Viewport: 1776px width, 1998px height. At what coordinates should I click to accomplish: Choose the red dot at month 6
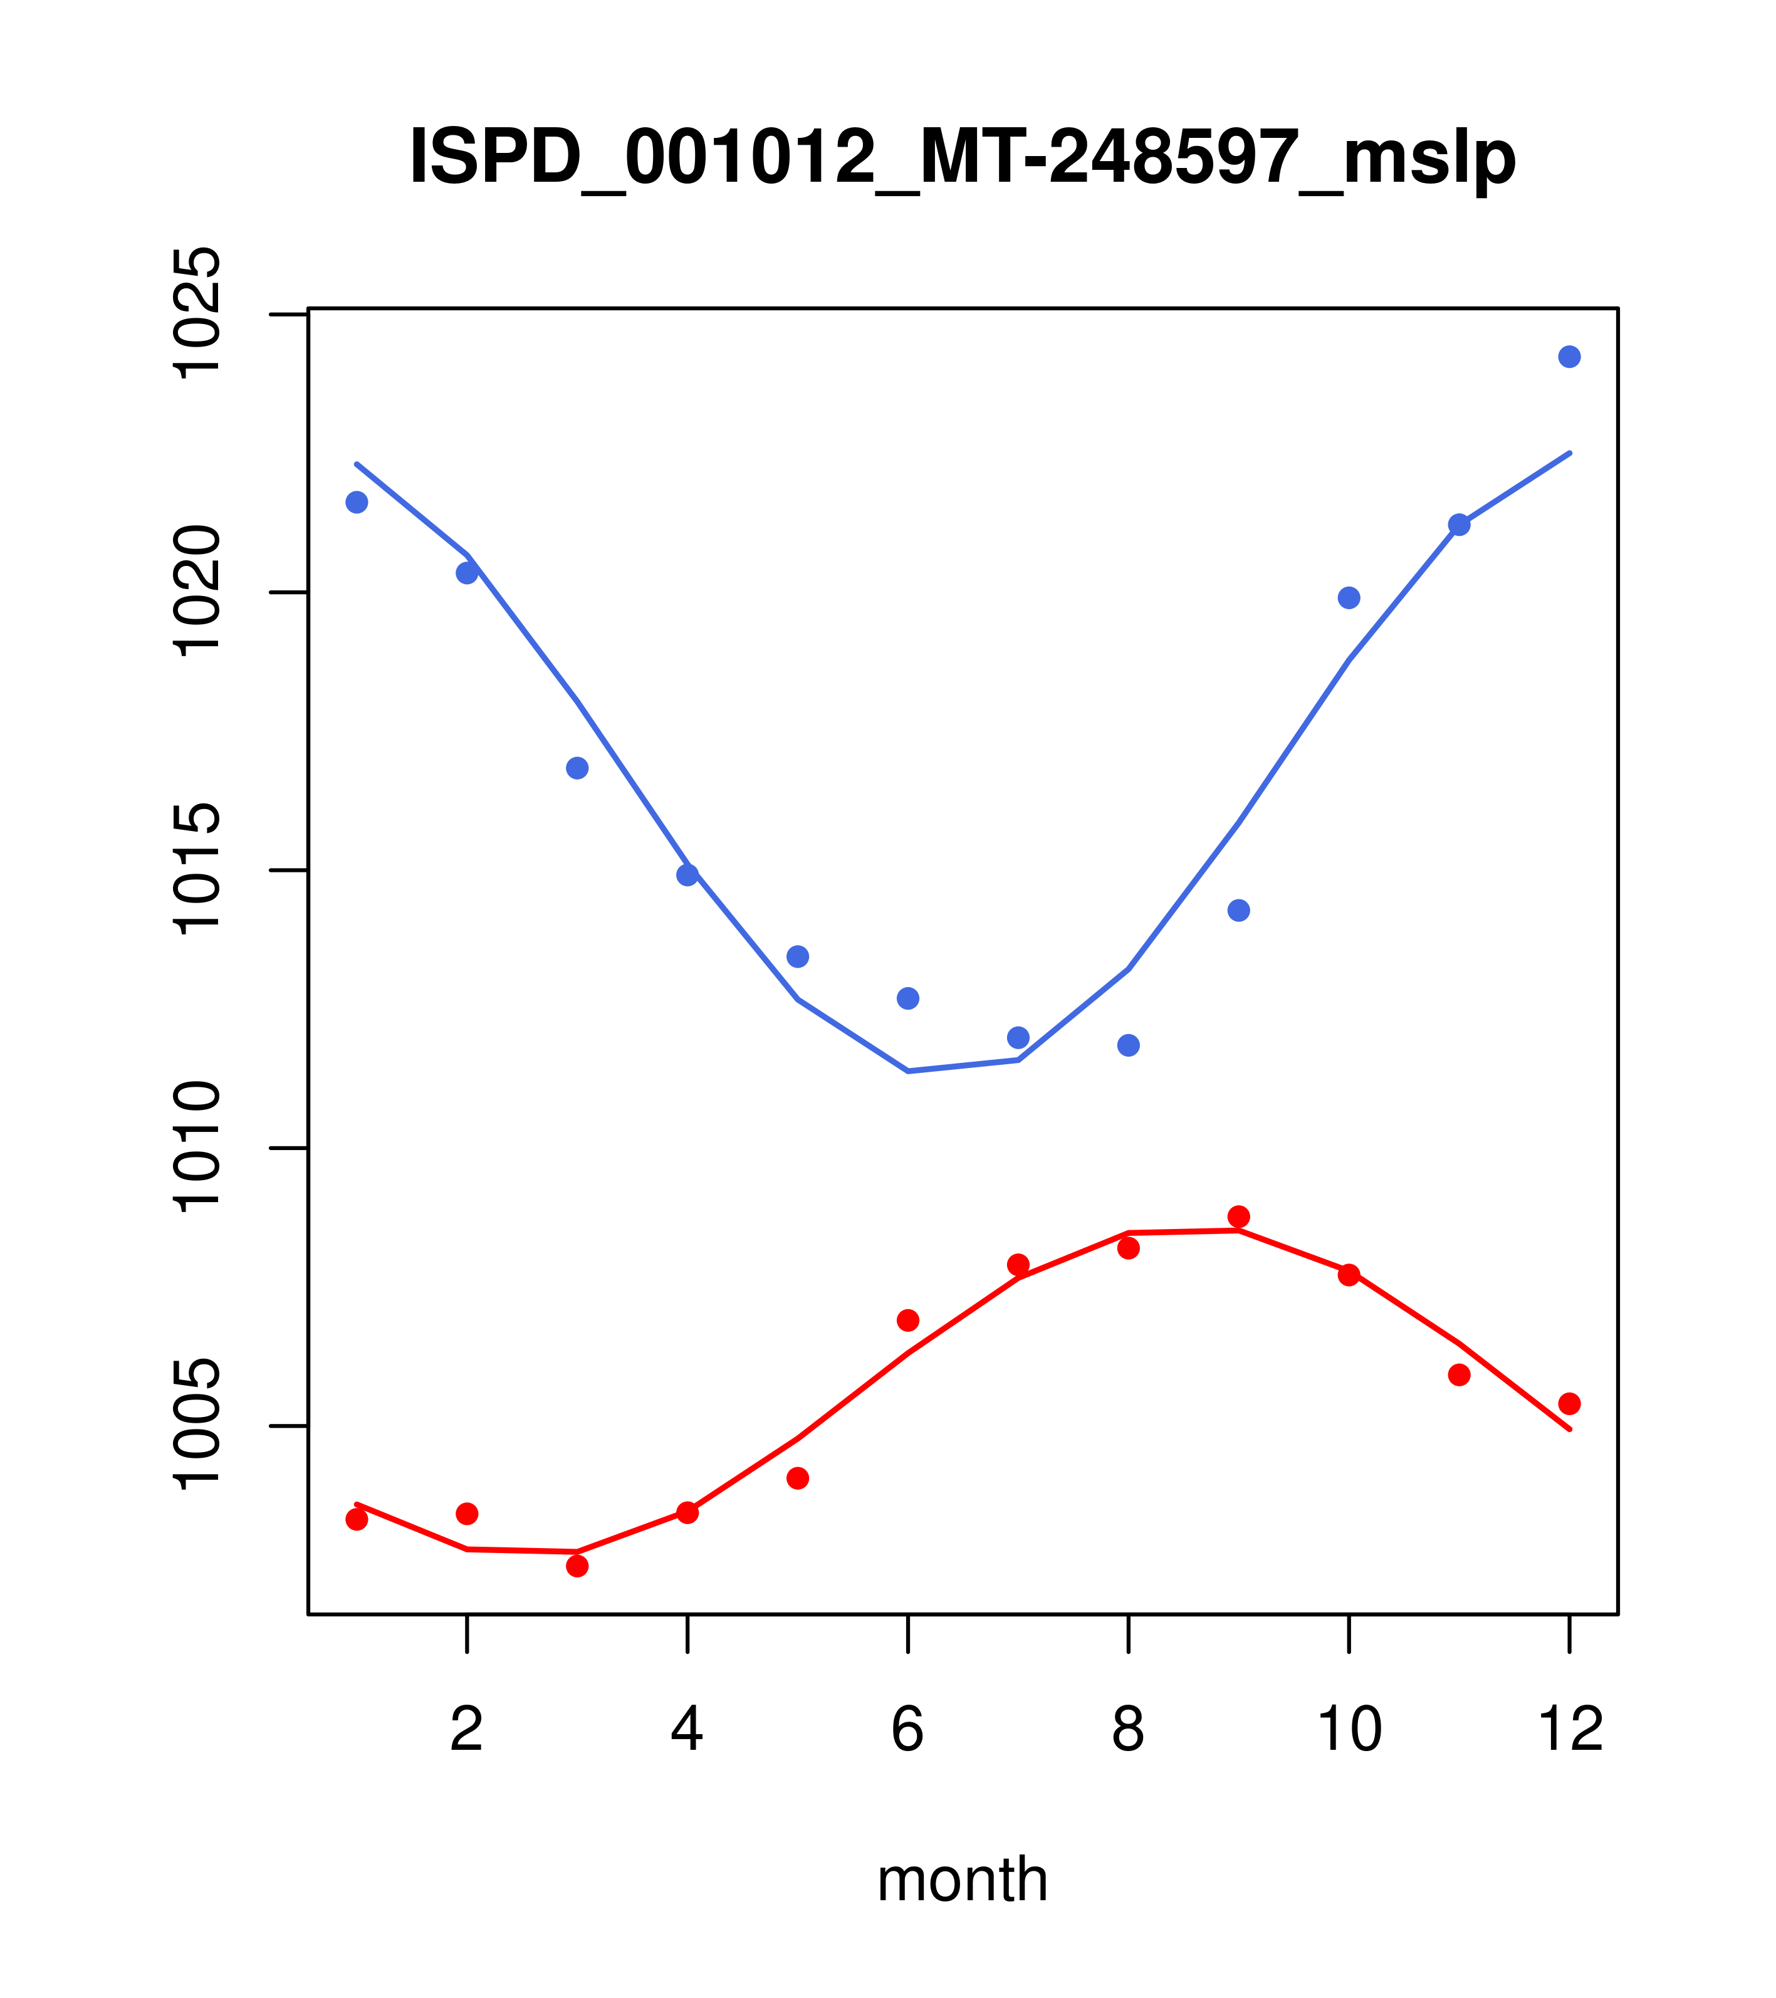[908, 1321]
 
